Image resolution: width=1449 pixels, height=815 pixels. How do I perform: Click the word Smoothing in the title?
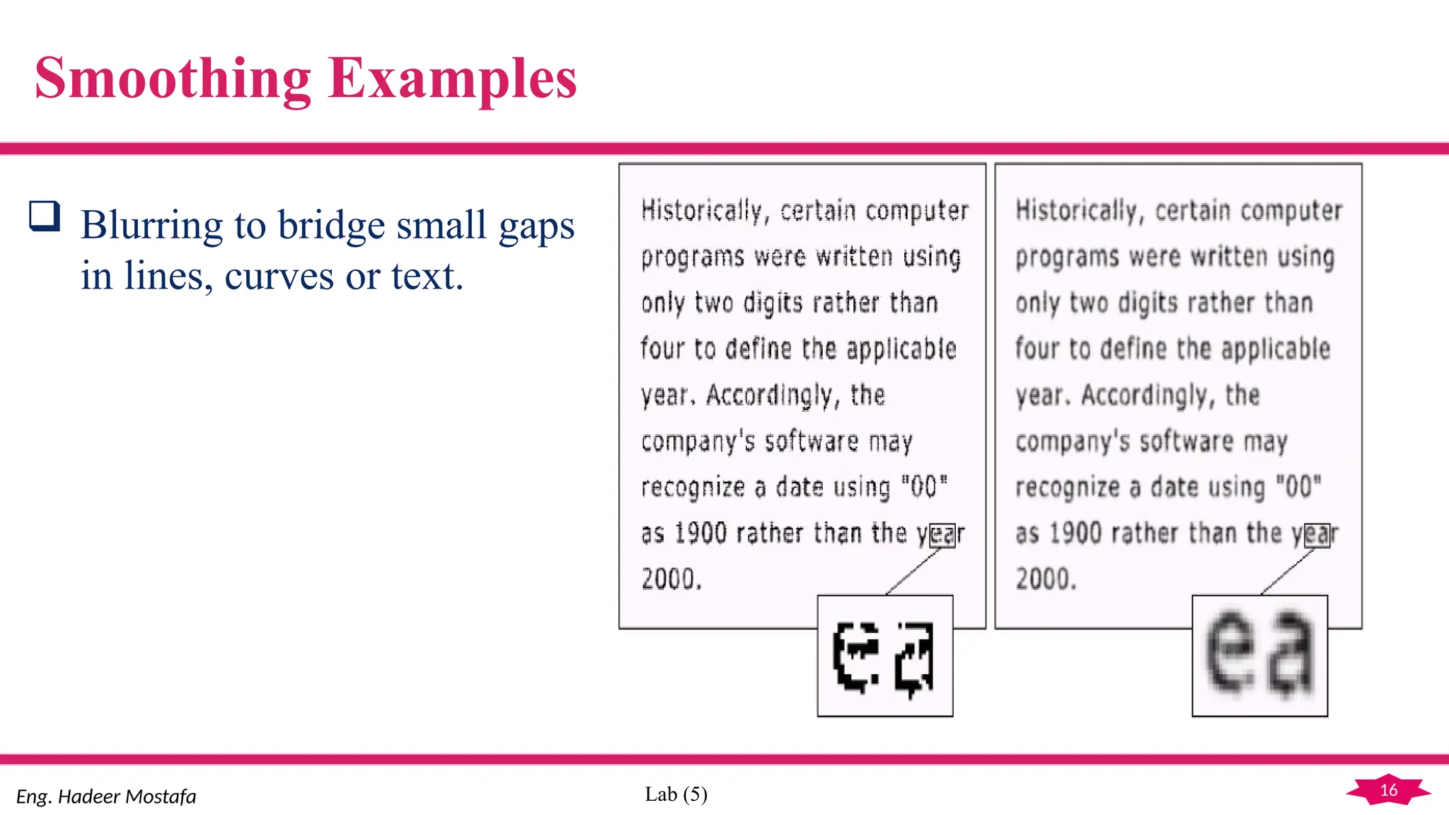click(x=173, y=79)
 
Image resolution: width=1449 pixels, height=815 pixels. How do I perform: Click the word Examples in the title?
click(x=453, y=79)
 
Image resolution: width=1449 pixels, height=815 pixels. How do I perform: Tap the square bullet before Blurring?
click(x=44, y=216)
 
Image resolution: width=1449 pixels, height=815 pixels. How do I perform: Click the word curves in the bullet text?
click(x=279, y=276)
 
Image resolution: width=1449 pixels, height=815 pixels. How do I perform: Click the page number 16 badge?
click(x=1388, y=790)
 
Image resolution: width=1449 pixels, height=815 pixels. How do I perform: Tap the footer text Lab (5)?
click(x=676, y=794)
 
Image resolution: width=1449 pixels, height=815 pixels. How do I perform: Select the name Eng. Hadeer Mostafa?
click(x=106, y=797)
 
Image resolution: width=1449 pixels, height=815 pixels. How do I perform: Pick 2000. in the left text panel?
click(x=671, y=579)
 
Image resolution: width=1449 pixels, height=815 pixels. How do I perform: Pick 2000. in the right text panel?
click(x=1046, y=579)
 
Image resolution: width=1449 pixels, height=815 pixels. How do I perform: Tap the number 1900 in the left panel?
click(x=700, y=533)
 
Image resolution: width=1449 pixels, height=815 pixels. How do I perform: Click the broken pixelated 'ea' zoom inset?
click(x=885, y=656)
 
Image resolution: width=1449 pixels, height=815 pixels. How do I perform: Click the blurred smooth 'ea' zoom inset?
click(x=1259, y=656)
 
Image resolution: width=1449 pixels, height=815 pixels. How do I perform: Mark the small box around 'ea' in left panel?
click(x=942, y=535)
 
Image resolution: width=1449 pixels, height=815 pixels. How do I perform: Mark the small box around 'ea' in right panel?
click(x=1317, y=535)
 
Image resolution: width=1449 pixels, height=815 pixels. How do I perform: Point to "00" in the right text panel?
click(x=1298, y=487)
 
